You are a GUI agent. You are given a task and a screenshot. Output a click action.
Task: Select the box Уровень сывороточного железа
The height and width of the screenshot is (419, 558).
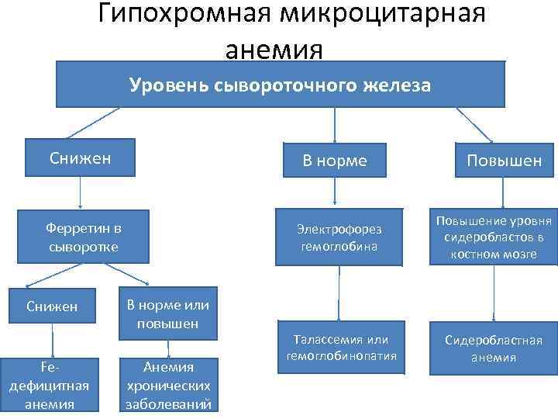point(280,84)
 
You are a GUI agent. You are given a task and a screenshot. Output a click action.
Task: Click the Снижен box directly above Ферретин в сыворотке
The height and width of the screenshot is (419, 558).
point(81,158)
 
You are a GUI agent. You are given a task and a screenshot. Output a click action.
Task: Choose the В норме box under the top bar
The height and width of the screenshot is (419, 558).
point(335,161)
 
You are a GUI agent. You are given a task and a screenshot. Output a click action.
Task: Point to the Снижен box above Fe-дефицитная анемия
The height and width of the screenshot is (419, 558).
point(52,306)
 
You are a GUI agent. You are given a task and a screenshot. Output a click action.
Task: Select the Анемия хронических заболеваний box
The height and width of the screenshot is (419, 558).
point(167,383)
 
